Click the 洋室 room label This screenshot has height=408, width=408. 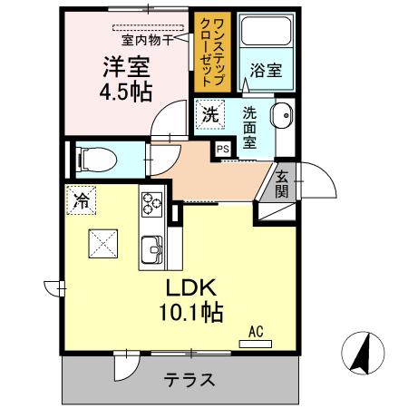point(125,66)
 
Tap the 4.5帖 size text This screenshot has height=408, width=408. point(125,91)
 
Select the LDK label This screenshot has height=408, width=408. point(189,289)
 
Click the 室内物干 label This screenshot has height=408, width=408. point(148,40)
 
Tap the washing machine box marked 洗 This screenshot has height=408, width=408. point(209,115)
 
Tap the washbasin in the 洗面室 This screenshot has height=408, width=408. point(281,118)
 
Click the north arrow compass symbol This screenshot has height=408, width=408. point(361,354)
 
